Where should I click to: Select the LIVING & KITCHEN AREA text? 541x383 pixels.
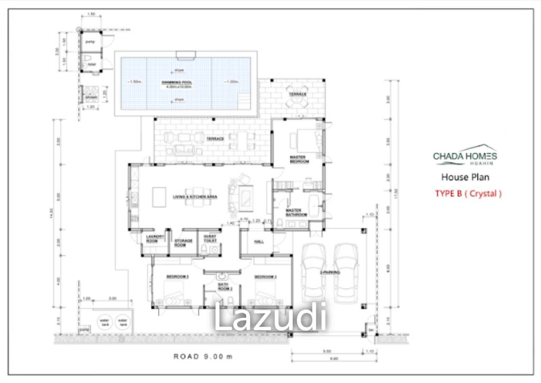(x=195, y=197)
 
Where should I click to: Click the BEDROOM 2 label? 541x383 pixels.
(x=178, y=277)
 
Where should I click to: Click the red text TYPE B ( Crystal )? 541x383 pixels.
(x=468, y=194)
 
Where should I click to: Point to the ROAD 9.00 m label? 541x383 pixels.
(x=203, y=356)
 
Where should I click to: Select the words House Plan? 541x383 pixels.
(x=465, y=177)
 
